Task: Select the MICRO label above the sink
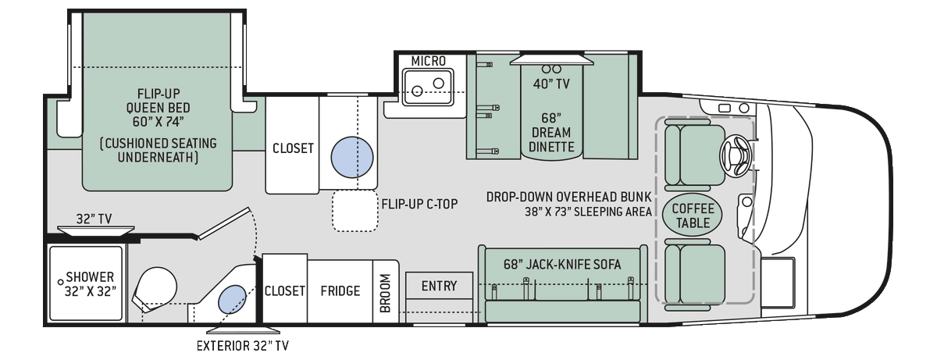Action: pyautogui.click(x=427, y=60)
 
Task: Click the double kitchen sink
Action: pyautogui.click(x=427, y=85)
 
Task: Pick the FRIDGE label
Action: pyautogui.click(x=340, y=291)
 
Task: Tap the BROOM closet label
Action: pyautogui.click(x=385, y=292)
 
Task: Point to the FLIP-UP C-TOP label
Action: pyautogui.click(x=419, y=205)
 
